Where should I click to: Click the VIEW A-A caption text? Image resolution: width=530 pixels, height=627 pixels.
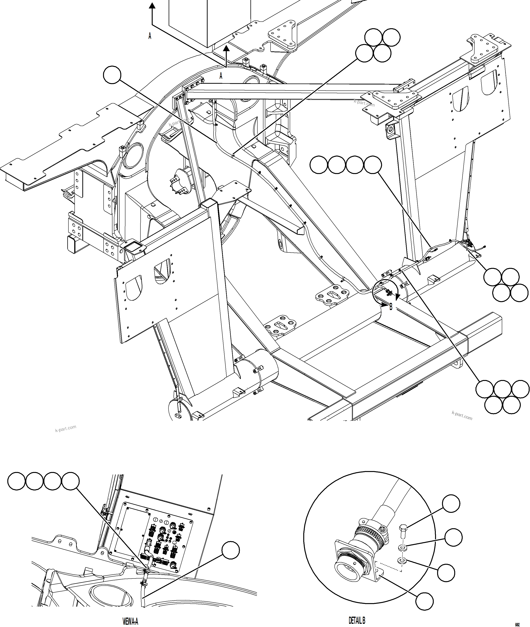click(130, 621)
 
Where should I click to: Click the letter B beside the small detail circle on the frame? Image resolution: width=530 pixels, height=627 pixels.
click(390, 307)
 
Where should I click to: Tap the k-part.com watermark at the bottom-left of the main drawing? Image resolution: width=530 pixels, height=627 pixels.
click(65, 428)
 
